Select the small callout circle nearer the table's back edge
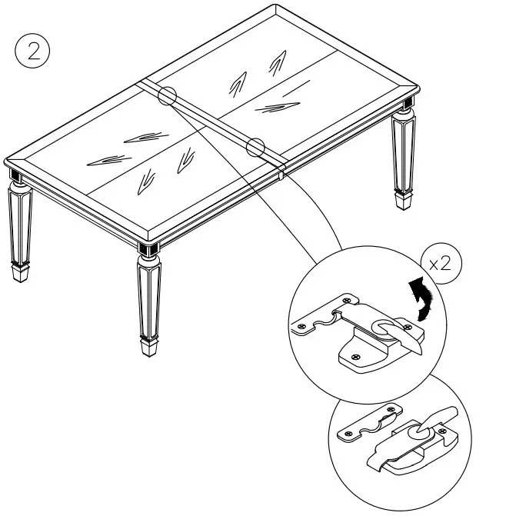tap(168, 96)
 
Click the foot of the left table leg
tap(22, 271)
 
